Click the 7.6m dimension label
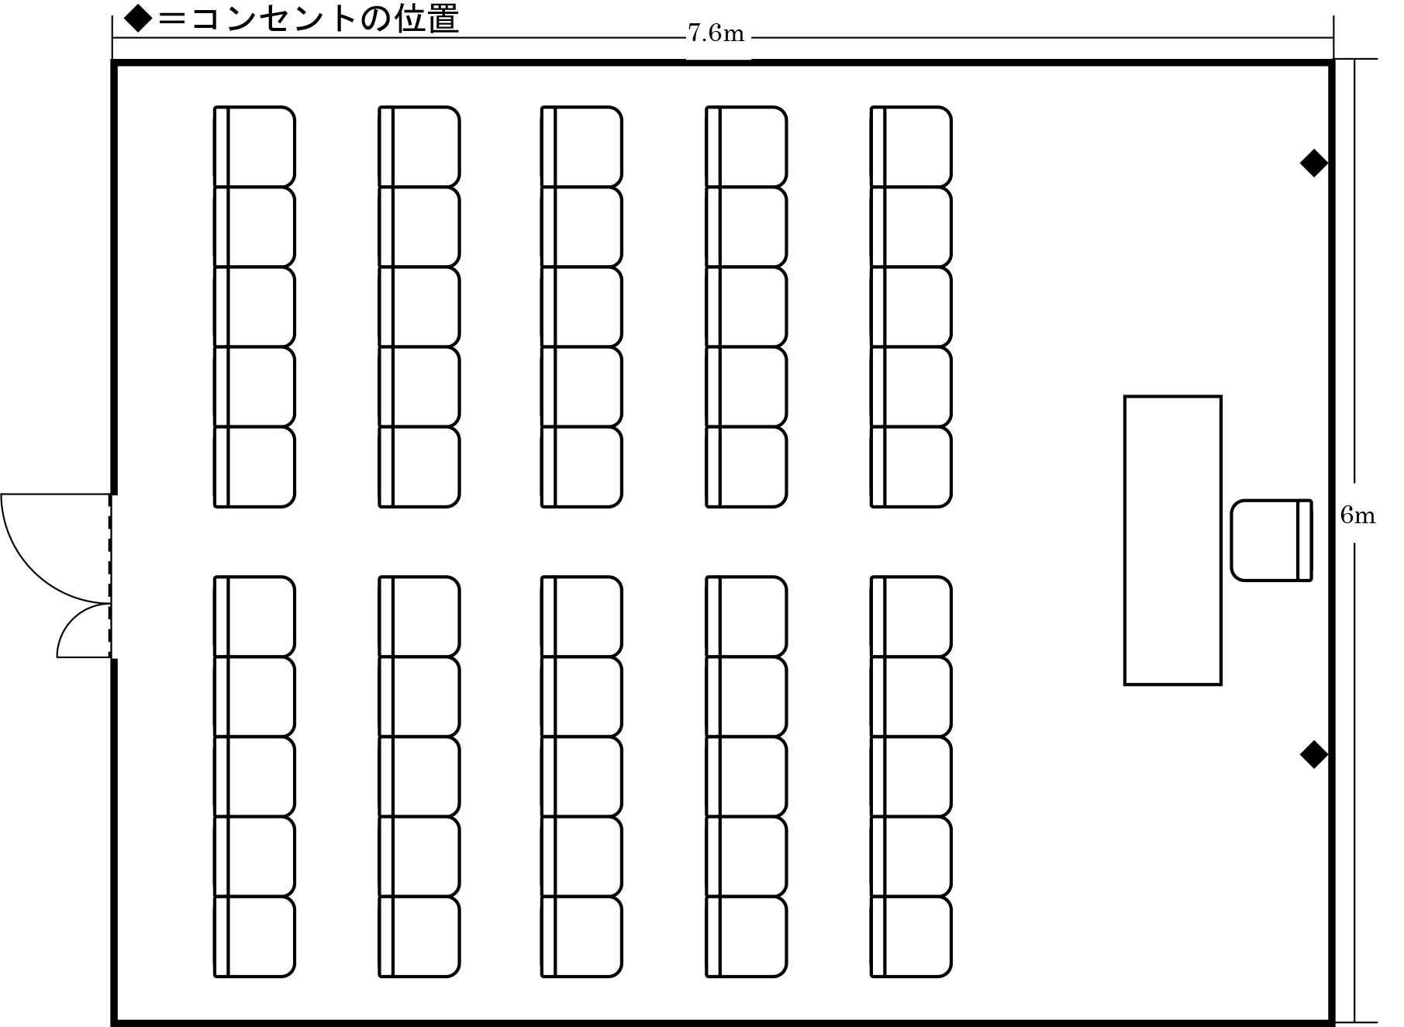(718, 33)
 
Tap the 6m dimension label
(1358, 515)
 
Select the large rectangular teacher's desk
(1172, 540)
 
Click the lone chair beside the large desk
(1265, 540)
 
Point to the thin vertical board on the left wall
(118, 577)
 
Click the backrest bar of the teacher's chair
(1304, 540)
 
